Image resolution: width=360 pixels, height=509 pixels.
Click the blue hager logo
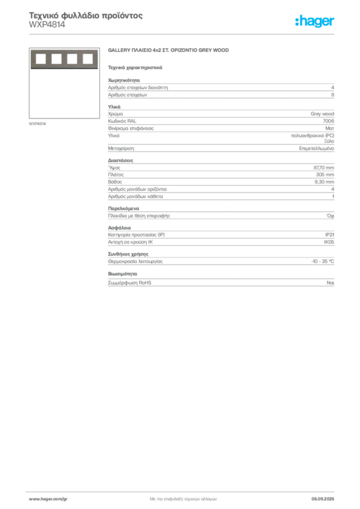(315, 22)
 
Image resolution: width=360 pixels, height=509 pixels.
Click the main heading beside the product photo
(169, 50)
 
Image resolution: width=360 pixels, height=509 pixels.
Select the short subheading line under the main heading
(135, 67)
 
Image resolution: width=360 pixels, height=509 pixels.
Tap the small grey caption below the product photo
(38, 124)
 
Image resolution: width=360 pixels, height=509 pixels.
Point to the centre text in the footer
(182, 498)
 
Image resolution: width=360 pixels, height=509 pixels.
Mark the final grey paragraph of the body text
(220, 281)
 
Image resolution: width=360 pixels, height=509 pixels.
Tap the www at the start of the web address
(33, 499)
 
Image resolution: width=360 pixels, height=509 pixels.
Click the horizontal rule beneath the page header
(182, 34)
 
